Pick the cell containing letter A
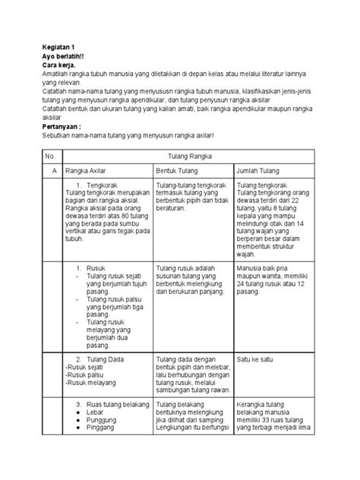52,169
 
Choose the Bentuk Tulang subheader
178,169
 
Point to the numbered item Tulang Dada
106,359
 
